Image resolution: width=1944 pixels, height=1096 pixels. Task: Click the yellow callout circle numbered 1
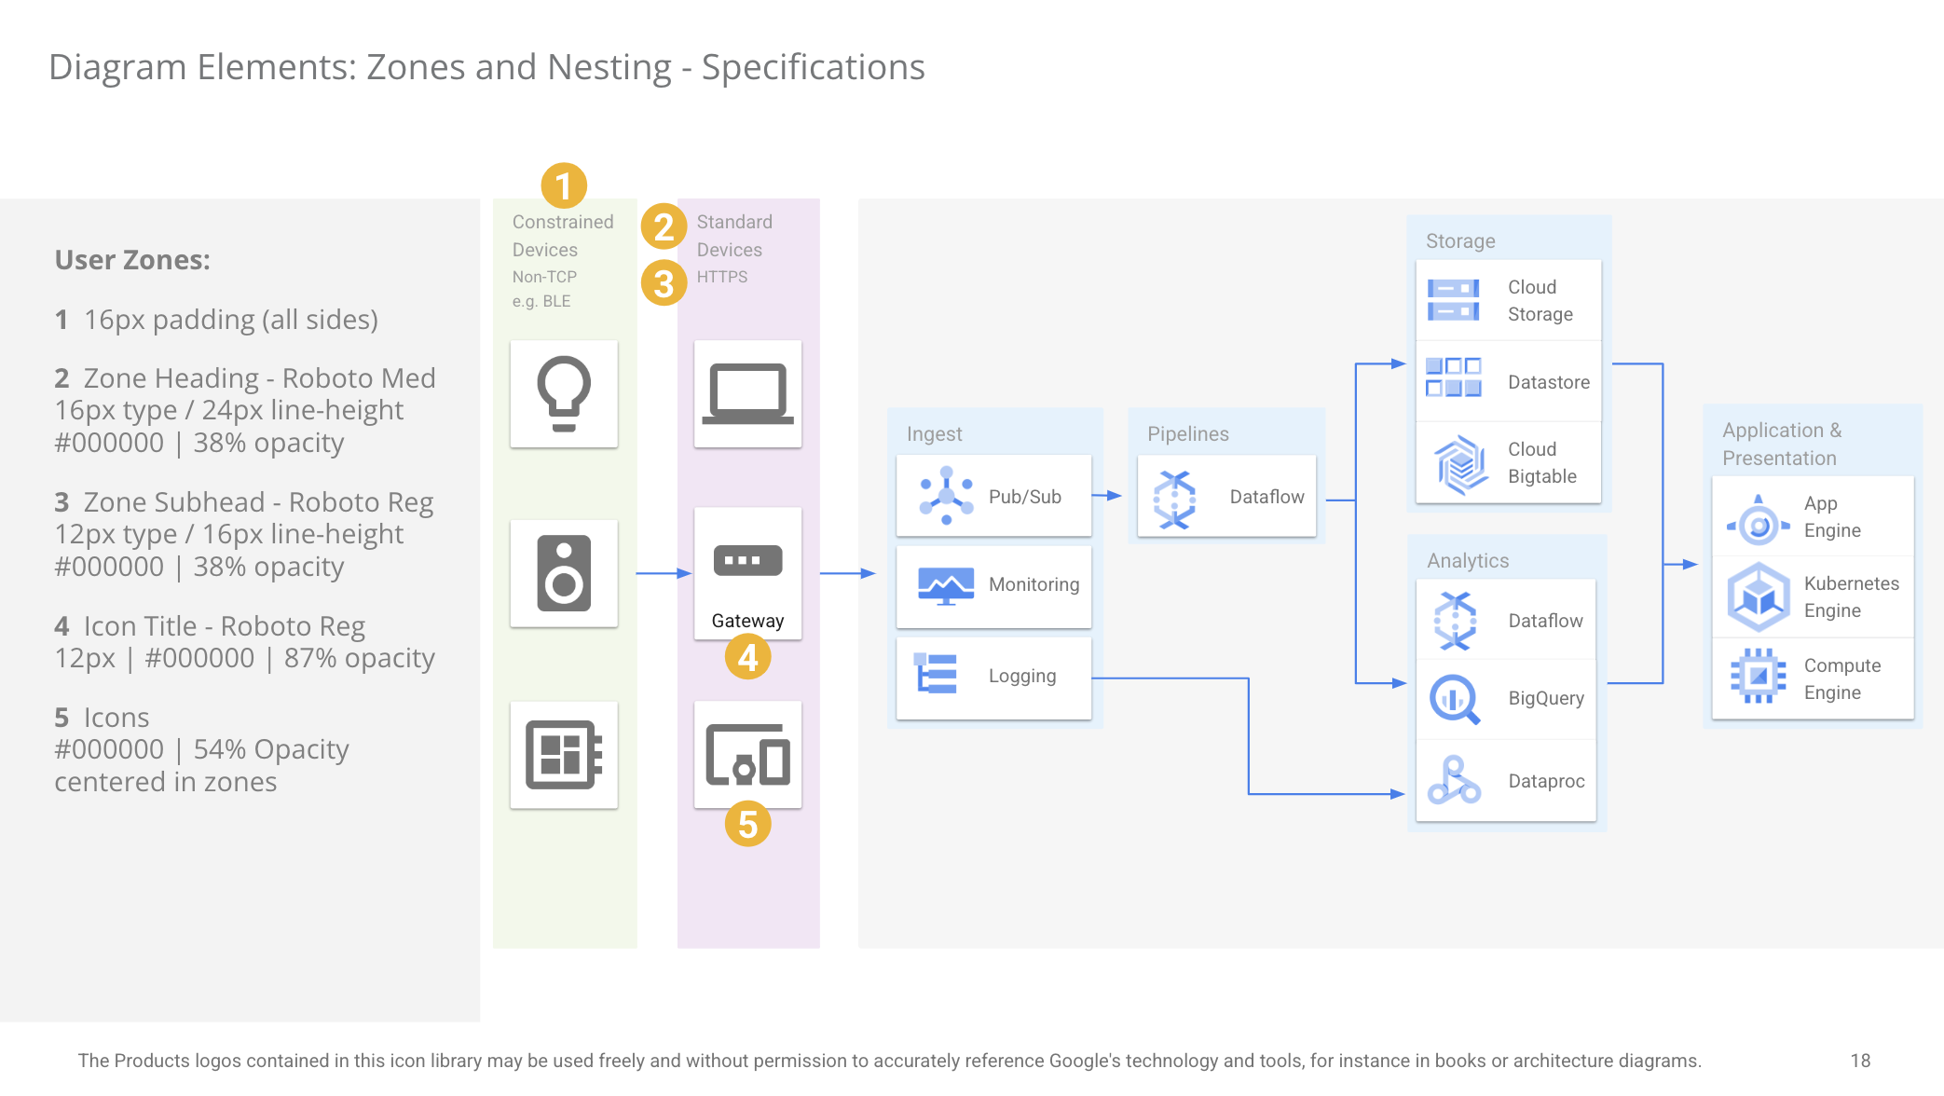[564, 185]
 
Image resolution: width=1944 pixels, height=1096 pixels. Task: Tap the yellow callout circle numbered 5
[747, 824]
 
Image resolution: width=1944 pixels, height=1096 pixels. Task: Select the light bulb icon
[564, 394]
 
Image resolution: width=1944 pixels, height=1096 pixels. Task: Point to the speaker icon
[564, 573]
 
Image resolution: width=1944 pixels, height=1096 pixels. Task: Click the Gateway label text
[747, 621]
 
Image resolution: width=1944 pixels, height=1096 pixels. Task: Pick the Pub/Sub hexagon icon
[946, 496]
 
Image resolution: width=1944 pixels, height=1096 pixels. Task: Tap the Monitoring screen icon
[946, 585]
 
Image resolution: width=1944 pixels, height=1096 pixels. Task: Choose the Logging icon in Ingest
[937, 674]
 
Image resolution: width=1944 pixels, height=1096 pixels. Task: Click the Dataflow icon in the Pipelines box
[1174, 500]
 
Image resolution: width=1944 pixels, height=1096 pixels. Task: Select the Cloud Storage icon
[1453, 300]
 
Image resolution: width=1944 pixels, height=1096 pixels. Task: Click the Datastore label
[1549, 382]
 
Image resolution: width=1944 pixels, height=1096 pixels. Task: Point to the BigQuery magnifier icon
[1454, 699]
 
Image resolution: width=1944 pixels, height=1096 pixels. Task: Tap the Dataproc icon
[1454, 780]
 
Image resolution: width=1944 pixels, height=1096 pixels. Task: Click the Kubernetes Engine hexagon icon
[1759, 596]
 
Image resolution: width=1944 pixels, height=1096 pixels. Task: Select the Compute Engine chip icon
[1759, 676]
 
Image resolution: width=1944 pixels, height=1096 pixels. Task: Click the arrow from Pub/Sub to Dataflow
[1106, 496]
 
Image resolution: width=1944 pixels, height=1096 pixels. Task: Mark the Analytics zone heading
[1468, 560]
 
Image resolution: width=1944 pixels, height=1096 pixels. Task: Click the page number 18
[1860, 1061]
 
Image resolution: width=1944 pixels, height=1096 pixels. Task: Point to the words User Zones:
[132, 260]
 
